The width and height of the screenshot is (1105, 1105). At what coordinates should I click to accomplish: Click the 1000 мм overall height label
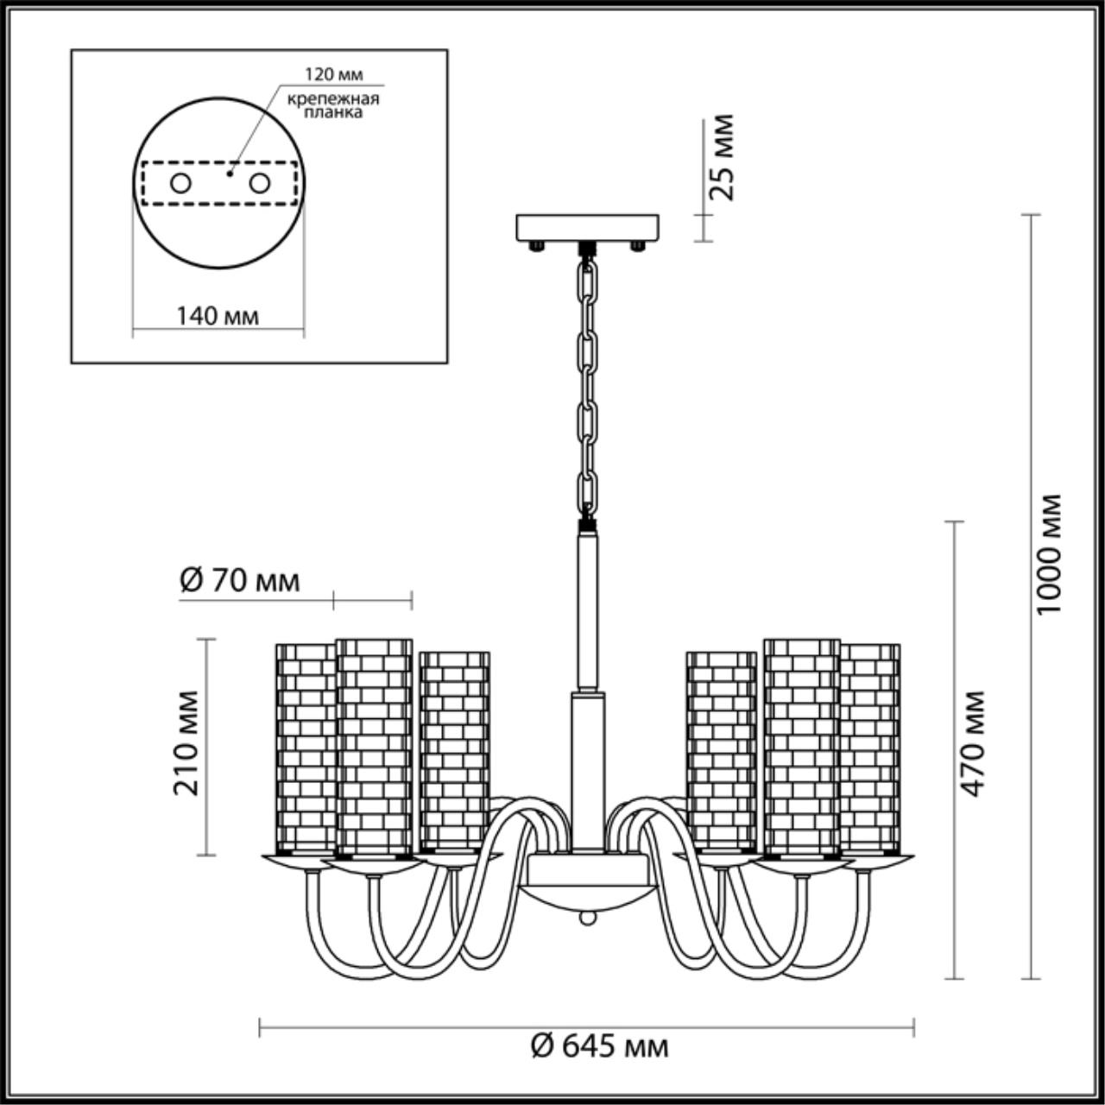tap(1050, 554)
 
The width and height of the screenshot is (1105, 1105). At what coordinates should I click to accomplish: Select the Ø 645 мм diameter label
tap(599, 1047)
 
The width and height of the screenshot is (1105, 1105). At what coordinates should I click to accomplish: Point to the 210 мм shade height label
tap(187, 742)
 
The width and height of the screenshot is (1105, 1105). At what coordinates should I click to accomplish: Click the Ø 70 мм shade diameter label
tap(240, 581)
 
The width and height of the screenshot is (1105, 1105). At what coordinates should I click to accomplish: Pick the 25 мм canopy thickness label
tap(723, 157)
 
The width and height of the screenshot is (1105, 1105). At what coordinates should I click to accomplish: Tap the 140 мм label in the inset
tap(218, 316)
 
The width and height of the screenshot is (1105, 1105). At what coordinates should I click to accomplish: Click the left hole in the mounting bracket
tap(180, 183)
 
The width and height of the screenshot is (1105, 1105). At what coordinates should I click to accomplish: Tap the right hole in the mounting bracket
tap(259, 183)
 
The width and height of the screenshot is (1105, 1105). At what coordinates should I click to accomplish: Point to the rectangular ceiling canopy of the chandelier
tap(588, 227)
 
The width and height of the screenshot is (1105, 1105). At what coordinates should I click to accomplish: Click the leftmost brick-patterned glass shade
tap(304, 747)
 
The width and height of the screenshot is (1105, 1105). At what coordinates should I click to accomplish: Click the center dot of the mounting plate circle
tap(229, 173)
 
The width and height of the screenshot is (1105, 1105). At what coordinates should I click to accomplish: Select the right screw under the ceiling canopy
tap(638, 247)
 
